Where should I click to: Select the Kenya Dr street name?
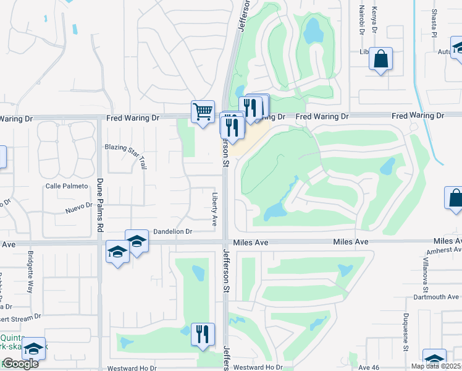374,17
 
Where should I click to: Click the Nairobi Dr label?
361,19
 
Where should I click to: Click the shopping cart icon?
203,111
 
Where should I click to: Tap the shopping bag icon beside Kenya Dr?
381,60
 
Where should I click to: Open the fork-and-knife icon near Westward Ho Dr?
203,334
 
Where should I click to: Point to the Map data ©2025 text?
436,366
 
